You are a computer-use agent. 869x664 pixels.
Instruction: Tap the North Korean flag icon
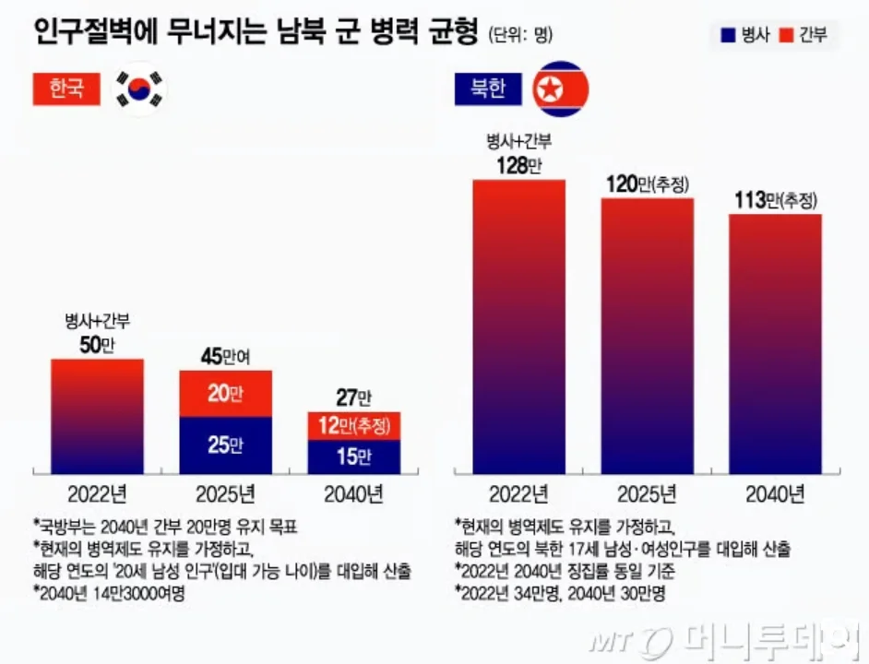pyautogui.click(x=562, y=89)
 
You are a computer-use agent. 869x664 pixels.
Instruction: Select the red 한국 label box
pyautogui.click(x=65, y=89)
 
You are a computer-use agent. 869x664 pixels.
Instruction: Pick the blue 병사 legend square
pyautogui.click(x=728, y=36)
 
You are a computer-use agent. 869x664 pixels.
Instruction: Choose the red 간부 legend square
pyautogui.click(x=785, y=36)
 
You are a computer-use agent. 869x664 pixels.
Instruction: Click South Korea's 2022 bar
pyautogui.click(x=97, y=416)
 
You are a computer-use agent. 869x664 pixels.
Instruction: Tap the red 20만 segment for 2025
pyautogui.click(x=225, y=394)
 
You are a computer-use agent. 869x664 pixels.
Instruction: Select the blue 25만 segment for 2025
pyautogui.click(x=225, y=445)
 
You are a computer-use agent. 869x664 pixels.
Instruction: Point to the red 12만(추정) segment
pyautogui.click(x=353, y=426)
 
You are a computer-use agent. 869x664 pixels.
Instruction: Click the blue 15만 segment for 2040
pyautogui.click(x=353, y=456)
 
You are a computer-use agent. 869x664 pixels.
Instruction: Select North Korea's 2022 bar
pyautogui.click(x=518, y=326)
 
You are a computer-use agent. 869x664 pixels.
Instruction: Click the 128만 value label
pyautogui.click(x=518, y=166)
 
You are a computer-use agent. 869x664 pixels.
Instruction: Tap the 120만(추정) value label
pyautogui.click(x=648, y=184)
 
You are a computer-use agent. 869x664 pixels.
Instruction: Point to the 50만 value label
pyautogui.click(x=97, y=345)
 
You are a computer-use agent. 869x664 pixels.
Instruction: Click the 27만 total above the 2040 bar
pyautogui.click(x=353, y=398)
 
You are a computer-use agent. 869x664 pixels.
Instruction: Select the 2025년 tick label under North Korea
pyautogui.click(x=647, y=494)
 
